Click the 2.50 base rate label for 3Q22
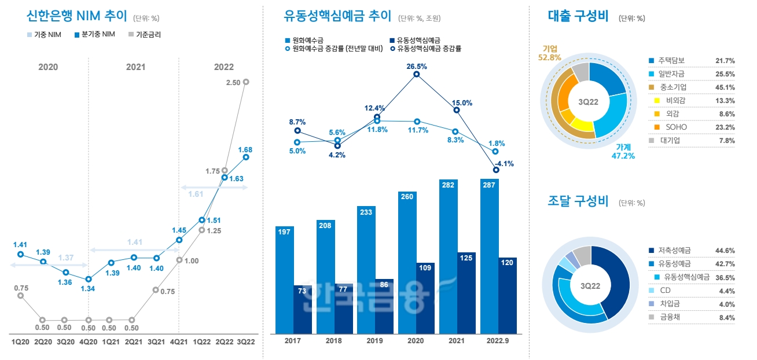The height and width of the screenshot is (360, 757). pyautogui.click(x=233, y=83)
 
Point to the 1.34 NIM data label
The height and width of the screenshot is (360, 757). pyautogui.click(x=88, y=289)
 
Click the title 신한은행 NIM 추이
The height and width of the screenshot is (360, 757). pyautogui.click(x=69, y=16)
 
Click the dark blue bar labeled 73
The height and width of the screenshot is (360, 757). pyautogui.click(x=303, y=307)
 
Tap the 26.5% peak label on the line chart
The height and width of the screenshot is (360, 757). pyautogui.click(x=417, y=67)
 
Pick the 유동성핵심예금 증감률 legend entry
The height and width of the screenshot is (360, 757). pyautogui.click(x=428, y=49)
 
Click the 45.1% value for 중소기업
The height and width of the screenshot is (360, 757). pyautogui.click(x=725, y=87)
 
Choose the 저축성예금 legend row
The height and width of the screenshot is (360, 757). pyautogui.click(x=674, y=251)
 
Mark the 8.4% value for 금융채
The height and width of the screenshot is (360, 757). pyautogui.click(x=725, y=317)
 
